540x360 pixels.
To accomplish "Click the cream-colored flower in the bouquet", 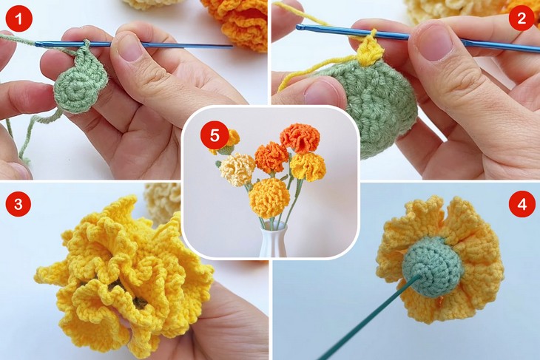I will pos(237,170).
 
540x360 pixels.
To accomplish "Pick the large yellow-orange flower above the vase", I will pos(269,197).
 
